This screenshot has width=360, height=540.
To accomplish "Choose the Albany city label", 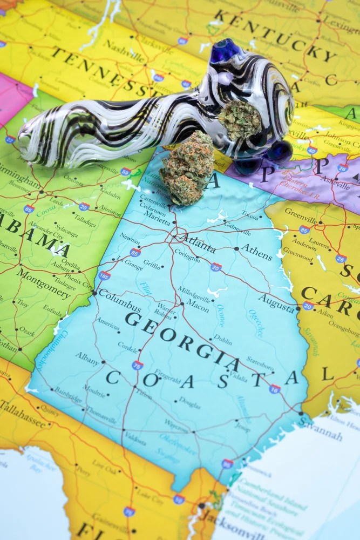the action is pyautogui.click(x=87, y=359).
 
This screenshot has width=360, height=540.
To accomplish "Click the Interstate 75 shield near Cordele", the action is pyautogui.click(x=138, y=365).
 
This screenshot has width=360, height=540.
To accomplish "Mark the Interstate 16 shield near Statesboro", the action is pyautogui.click(x=275, y=388).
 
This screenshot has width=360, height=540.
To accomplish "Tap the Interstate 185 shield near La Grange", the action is pyautogui.click(x=104, y=275).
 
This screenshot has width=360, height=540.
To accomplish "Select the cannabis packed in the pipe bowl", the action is pyautogui.click(x=240, y=120).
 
